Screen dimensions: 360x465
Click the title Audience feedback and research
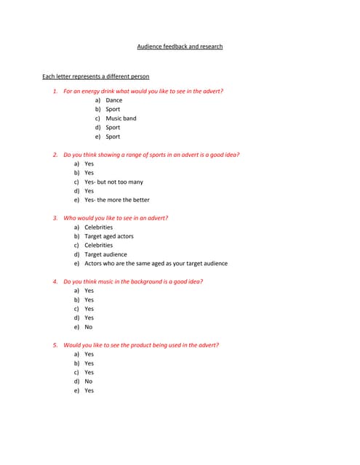(x=180, y=46)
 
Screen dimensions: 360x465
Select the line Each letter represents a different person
(x=96, y=76)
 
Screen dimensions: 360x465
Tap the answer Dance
(x=114, y=100)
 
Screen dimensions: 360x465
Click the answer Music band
(x=121, y=118)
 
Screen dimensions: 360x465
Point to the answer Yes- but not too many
(x=113, y=182)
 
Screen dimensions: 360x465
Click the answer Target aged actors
(x=109, y=236)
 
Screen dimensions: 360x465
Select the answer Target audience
(x=105, y=254)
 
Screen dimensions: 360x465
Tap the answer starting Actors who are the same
(x=156, y=263)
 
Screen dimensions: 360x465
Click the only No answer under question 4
(x=88, y=327)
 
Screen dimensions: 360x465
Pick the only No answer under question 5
(x=88, y=381)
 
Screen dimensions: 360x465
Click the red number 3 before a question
(x=55, y=218)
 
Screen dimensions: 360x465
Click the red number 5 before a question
(x=55, y=345)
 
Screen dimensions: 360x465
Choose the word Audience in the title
(x=150, y=46)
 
